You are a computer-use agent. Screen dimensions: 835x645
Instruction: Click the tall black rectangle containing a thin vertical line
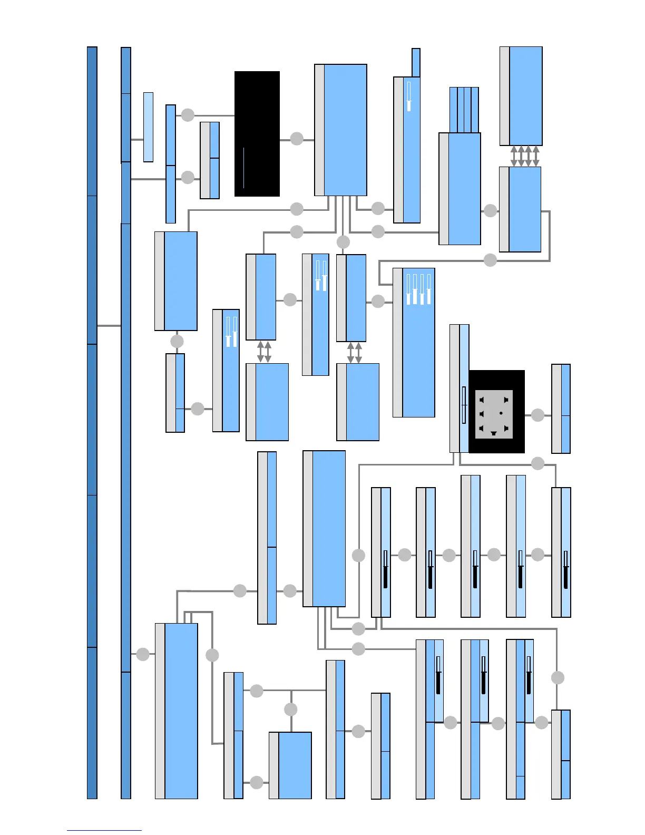[x=257, y=134]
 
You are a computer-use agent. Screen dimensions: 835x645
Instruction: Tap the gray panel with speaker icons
[x=494, y=414]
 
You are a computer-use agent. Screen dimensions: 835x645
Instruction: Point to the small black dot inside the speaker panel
[x=501, y=413]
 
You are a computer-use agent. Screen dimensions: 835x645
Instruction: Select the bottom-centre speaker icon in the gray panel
[x=494, y=433]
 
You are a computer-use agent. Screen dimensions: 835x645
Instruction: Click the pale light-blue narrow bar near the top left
[x=148, y=127]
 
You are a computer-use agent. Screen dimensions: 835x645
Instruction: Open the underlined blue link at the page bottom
[x=104, y=830]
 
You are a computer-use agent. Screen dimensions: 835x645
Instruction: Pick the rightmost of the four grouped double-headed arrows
[x=536, y=157]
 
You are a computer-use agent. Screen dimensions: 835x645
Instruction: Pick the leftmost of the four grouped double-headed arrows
[x=514, y=157]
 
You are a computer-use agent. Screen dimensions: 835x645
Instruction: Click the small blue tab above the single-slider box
[x=416, y=63]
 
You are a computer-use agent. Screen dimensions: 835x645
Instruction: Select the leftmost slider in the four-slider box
[x=408, y=289]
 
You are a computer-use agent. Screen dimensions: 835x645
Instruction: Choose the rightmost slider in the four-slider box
[x=429, y=289]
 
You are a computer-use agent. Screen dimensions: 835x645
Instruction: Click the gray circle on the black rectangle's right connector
[x=297, y=139]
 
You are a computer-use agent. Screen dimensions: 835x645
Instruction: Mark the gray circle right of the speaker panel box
[x=537, y=415]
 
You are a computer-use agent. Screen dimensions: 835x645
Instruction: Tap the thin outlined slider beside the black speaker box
[x=464, y=405]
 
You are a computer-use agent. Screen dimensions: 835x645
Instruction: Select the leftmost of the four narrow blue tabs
[x=453, y=110]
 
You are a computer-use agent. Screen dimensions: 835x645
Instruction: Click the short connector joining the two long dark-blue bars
[x=109, y=326]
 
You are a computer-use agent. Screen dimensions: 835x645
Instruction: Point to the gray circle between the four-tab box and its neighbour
[x=490, y=210]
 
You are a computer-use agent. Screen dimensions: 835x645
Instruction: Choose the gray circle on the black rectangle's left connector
[x=188, y=115]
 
